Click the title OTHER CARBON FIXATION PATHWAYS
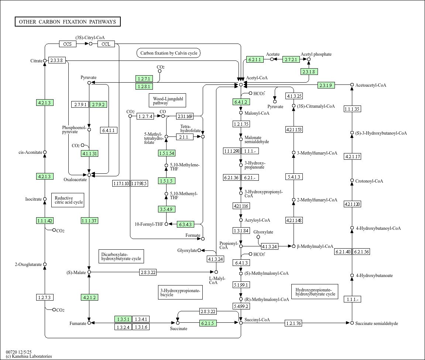point(68,22)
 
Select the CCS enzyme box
point(68,44)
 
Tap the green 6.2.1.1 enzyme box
point(254,59)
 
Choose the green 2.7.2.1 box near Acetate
point(291,59)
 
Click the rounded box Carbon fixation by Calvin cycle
point(169,53)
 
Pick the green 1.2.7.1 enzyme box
point(144,79)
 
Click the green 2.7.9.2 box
point(98,105)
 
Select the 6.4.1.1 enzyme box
point(109,130)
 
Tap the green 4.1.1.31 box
point(90,153)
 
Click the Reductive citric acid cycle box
point(68,200)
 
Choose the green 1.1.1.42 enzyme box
point(45,221)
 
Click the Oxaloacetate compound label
point(75,180)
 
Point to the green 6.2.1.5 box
point(208,323)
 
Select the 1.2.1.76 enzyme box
point(294,323)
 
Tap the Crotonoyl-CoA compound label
point(369,181)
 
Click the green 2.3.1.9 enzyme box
point(326,85)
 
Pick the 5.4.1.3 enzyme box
point(294,177)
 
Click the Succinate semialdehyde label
point(376,323)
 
